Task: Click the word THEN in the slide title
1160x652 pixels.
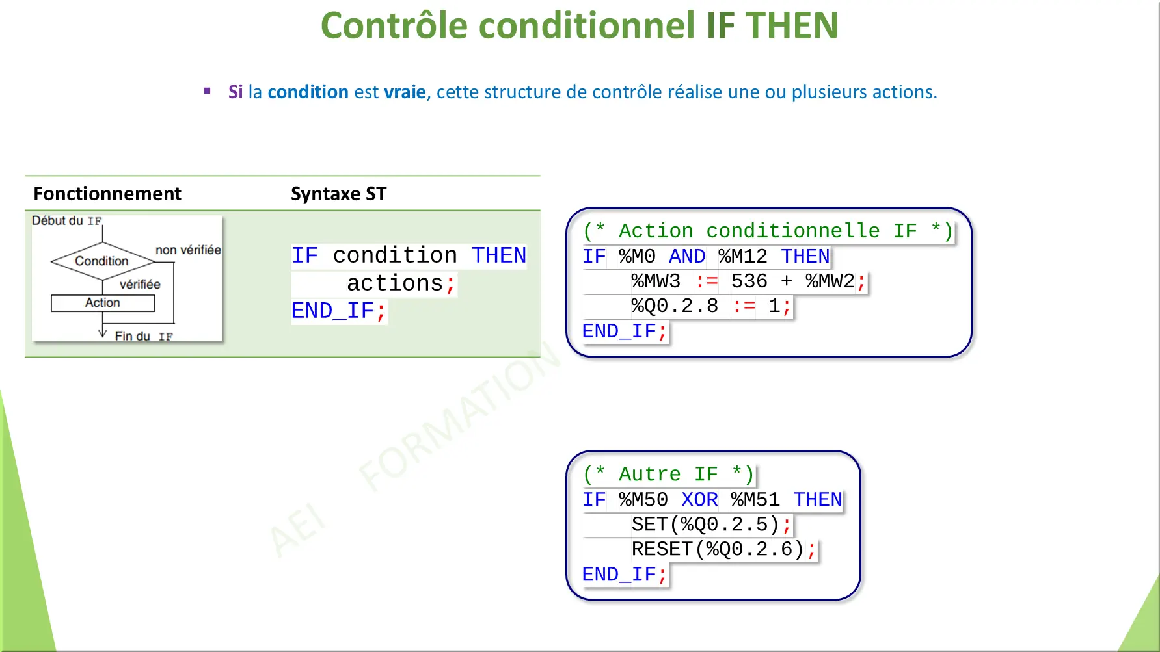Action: coord(792,26)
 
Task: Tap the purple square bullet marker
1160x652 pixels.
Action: coord(208,91)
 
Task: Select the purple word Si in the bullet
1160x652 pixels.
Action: coord(236,92)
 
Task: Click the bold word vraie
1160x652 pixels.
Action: coord(405,92)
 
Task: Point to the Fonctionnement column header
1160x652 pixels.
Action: coord(107,194)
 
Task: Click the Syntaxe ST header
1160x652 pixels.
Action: coord(338,194)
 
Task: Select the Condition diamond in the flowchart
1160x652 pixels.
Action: coord(102,261)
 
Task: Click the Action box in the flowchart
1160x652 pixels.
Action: coord(103,303)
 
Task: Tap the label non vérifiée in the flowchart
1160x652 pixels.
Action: coord(188,250)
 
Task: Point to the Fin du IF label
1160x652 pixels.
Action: coord(143,336)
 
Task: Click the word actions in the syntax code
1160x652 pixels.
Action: coord(394,283)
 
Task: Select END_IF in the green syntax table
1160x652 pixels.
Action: coord(332,311)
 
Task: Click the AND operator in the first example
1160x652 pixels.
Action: coord(686,257)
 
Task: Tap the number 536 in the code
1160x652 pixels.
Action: coord(749,281)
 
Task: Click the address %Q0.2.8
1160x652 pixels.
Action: coord(674,306)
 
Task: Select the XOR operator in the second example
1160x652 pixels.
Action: coord(699,500)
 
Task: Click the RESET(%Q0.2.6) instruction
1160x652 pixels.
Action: coord(718,550)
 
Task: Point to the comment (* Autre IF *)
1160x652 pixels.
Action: coord(668,475)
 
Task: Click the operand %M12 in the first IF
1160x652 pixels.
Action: coord(742,257)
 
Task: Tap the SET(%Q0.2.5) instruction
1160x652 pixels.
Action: coord(705,525)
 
